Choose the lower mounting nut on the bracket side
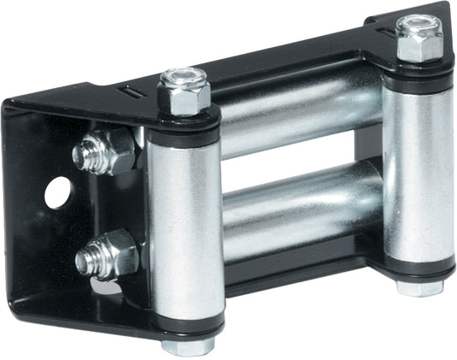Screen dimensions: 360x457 114,253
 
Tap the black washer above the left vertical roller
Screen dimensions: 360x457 184,121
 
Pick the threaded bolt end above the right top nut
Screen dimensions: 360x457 418,21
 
